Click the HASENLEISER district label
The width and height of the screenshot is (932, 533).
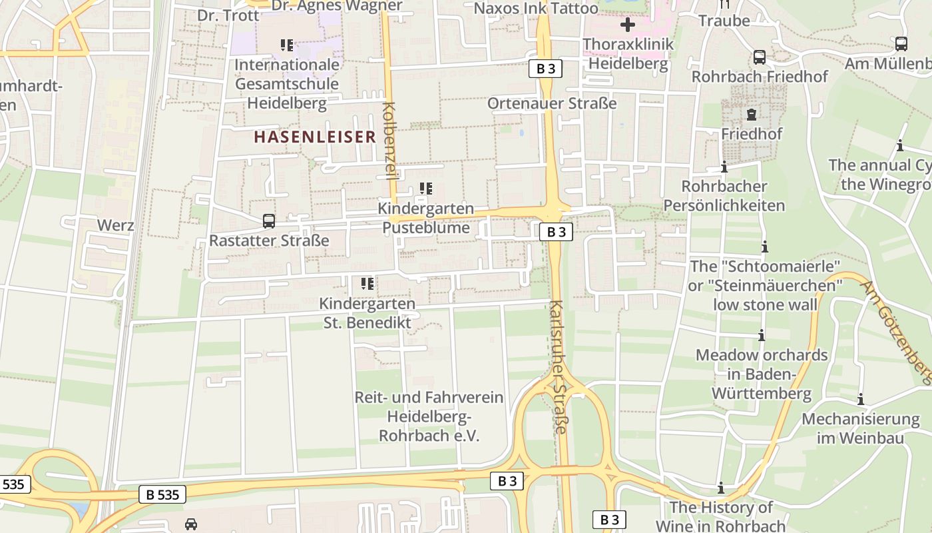click(315, 137)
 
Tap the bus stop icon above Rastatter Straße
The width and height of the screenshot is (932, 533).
click(269, 221)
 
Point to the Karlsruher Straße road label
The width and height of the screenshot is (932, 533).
click(559, 367)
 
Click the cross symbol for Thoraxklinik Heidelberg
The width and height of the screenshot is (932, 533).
click(627, 25)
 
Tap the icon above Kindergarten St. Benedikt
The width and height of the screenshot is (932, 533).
click(367, 284)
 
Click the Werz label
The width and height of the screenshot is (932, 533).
click(116, 225)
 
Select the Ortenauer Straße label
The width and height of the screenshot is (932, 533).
click(552, 103)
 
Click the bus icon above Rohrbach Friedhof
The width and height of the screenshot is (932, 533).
click(760, 57)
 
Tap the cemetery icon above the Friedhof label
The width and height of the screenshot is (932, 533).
click(752, 115)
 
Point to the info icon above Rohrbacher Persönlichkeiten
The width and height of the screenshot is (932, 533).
click(724, 167)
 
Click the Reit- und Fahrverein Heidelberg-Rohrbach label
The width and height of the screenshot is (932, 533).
click(429, 416)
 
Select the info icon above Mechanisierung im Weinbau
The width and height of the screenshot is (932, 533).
click(861, 400)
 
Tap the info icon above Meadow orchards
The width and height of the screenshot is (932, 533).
click(762, 335)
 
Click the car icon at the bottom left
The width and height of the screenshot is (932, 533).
click(191, 524)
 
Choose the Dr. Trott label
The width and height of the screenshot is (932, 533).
click(228, 15)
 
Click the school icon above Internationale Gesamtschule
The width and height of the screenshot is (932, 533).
click(287, 45)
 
